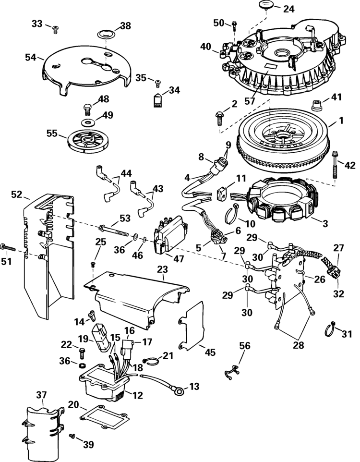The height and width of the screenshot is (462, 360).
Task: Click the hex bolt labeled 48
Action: (x=88, y=109)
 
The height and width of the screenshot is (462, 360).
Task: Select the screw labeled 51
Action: (x=8, y=247)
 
